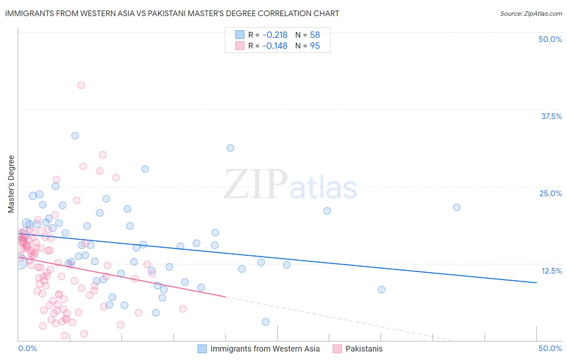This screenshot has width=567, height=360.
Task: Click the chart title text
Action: (172, 13)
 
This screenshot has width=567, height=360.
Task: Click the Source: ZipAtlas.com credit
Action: (531, 13)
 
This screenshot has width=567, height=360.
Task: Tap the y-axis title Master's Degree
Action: (11, 184)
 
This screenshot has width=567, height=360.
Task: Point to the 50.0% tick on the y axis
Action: (550, 39)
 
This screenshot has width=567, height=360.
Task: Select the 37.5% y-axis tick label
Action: (551, 116)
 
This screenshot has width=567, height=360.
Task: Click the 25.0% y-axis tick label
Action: (550, 193)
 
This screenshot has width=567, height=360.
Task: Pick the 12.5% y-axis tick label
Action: (551, 271)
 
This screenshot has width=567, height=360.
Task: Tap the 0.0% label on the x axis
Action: (27, 348)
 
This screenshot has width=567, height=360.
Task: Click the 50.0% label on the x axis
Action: (550, 348)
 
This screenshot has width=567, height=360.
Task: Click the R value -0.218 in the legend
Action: (275, 35)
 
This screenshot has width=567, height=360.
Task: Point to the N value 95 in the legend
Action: (315, 46)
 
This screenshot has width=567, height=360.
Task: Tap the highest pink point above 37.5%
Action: (81, 85)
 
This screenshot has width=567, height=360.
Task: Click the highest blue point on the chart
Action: (75, 136)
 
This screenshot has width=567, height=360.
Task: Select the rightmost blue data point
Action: (457, 207)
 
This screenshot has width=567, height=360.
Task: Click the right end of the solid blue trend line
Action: (536, 283)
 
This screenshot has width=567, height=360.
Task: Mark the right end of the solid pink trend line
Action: (225, 297)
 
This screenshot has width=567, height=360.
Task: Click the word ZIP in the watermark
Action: (256, 184)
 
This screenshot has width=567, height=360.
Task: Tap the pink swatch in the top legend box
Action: (240, 46)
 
